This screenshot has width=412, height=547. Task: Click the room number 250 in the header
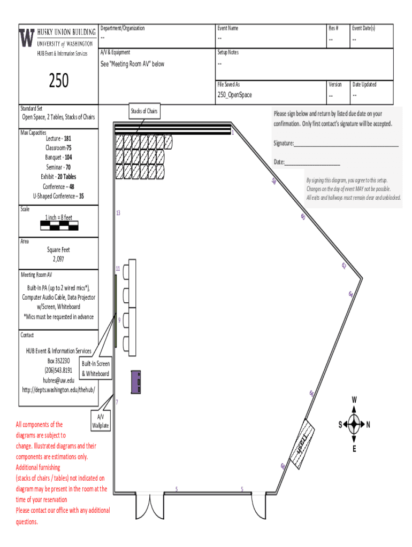[x=59, y=81]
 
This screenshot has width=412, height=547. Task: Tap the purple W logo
[x=27, y=37]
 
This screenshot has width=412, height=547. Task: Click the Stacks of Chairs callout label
[x=144, y=111]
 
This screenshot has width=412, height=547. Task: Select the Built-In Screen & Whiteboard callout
[x=96, y=369]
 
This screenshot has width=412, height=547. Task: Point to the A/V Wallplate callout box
[x=101, y=421]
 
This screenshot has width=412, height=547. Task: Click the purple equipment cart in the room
[x=136, y=382]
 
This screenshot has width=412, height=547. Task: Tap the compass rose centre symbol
[x=354, y=425]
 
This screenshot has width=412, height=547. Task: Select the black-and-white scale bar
[x=59, y=225]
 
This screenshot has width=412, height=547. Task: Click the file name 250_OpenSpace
[x=234, y=95]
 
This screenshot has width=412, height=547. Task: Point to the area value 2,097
[x=58, y=259]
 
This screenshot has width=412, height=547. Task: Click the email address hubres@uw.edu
[x=58, y=380]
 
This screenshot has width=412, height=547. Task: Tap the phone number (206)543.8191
[x=58, y=370]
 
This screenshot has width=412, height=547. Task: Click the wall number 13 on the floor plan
[x=118, y=213]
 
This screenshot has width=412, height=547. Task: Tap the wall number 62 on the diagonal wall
[x=344, y=265]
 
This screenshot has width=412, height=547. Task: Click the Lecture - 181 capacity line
[x=58, y=138]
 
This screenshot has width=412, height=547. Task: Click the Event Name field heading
[x=227, y=28]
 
